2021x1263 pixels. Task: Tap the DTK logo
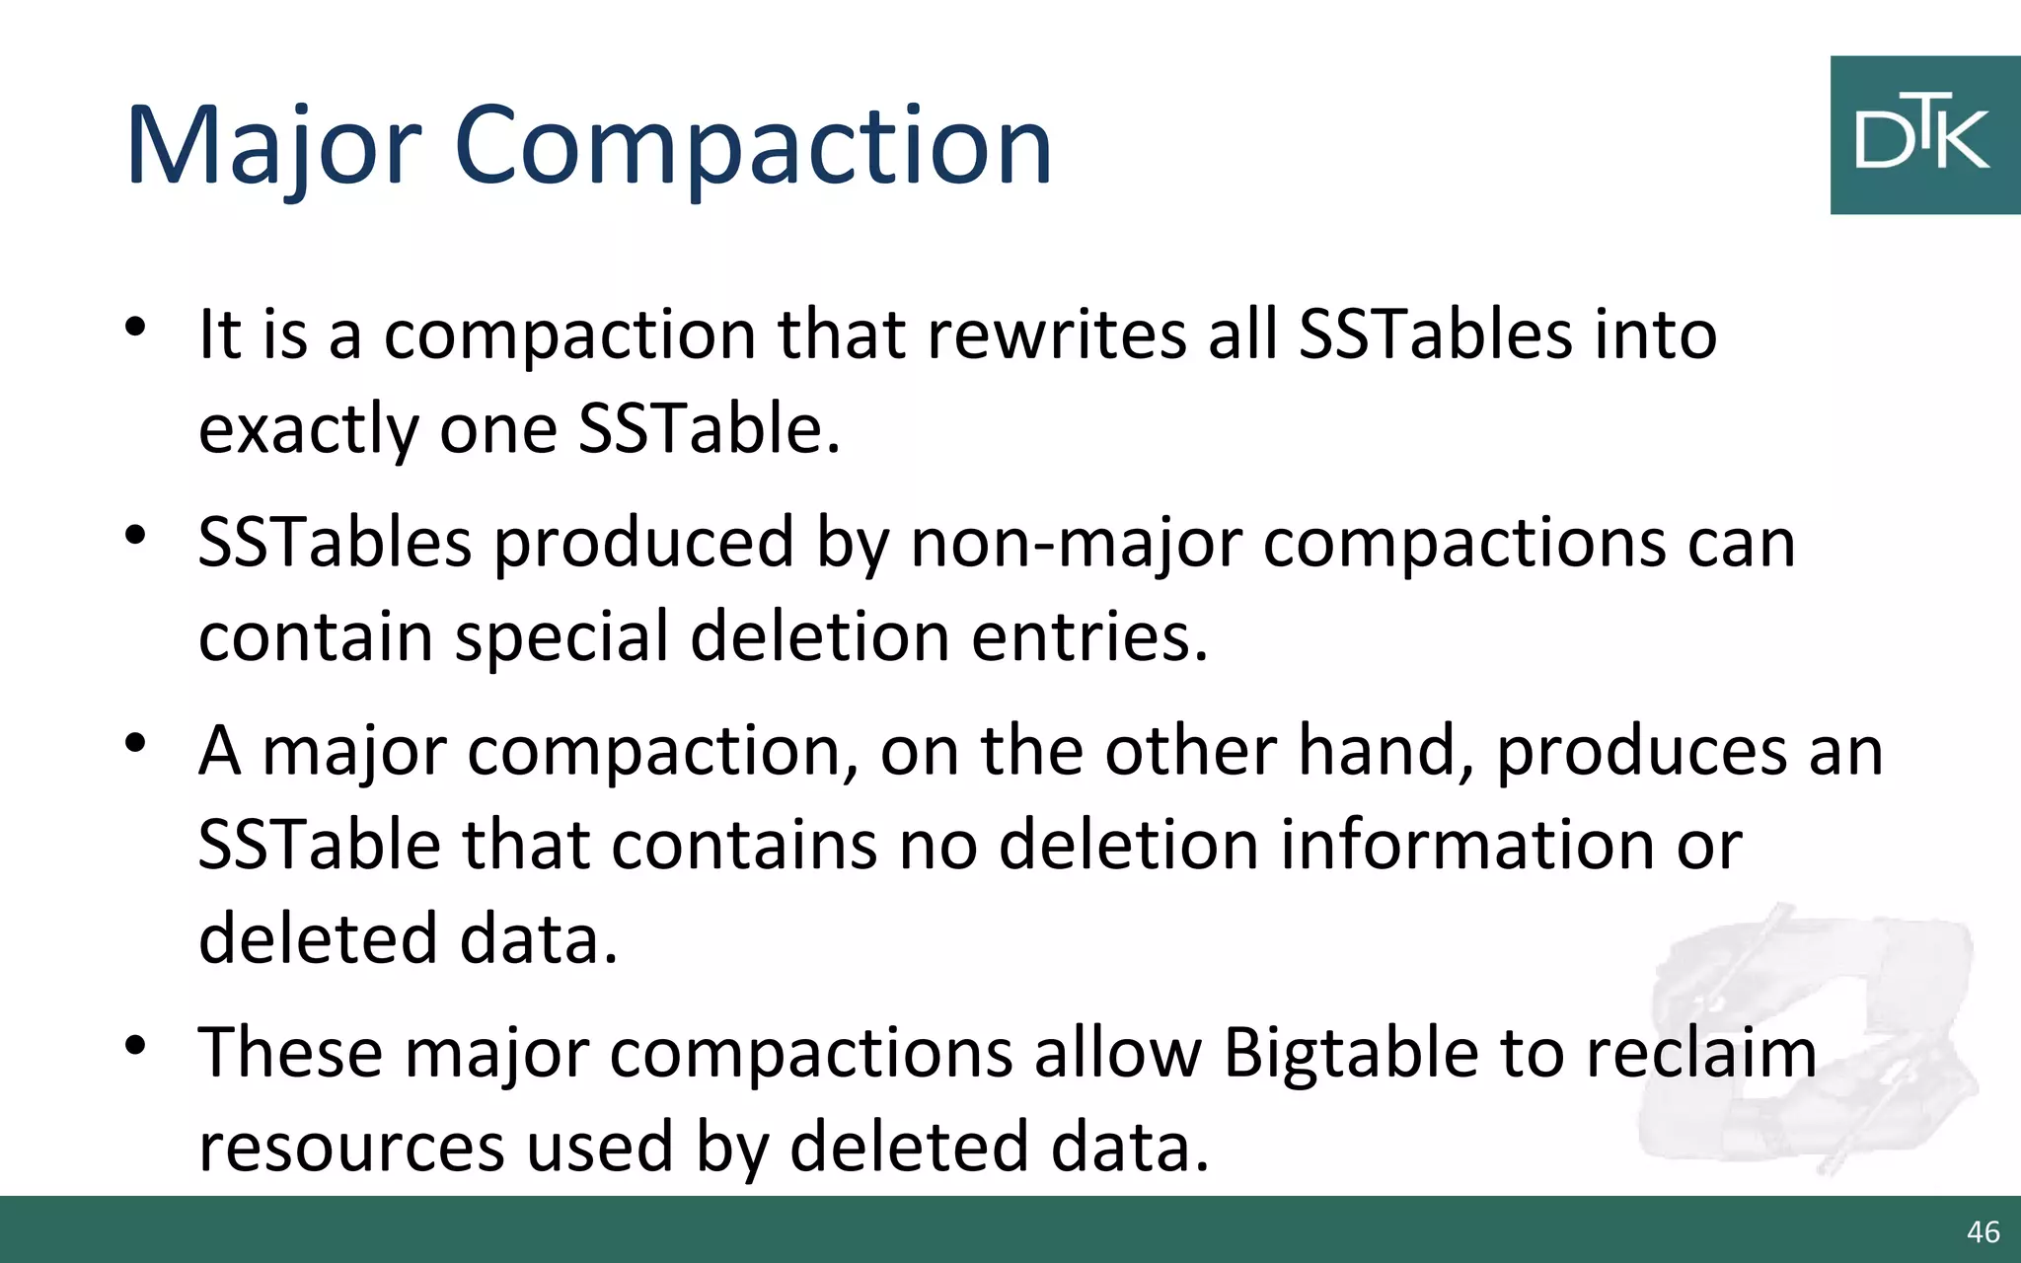point(1923,135)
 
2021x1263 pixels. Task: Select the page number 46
point(1983,1231)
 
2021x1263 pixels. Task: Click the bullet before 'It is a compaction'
point(136,327)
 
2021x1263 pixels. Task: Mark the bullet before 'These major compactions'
point(136,1045)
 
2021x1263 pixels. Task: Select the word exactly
point(309,430)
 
